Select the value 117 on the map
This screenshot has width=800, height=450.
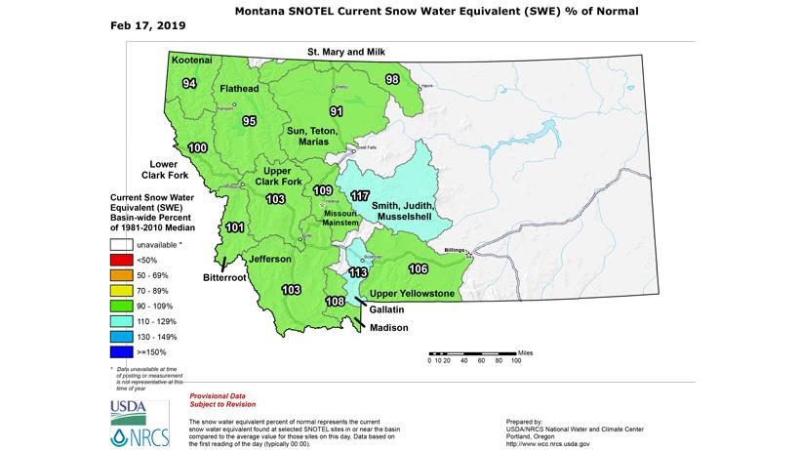360,195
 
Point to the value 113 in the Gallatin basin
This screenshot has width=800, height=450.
358,272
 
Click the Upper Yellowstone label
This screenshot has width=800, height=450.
412,294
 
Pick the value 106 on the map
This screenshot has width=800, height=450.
418,268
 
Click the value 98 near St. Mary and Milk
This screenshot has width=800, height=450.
392,79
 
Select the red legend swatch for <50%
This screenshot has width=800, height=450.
122,260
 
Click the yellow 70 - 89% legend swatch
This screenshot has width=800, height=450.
122,290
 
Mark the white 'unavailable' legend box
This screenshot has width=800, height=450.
122,244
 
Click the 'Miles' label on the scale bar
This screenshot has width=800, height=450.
527,349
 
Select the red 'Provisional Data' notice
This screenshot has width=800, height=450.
232,389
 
